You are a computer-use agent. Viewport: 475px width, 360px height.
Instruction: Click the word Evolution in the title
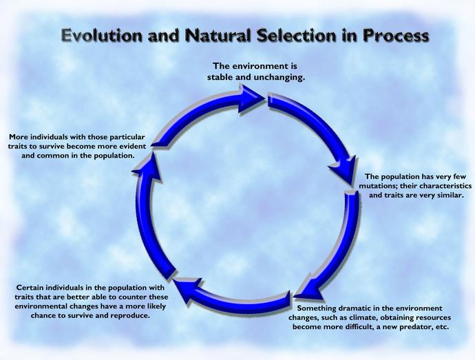(102, 35)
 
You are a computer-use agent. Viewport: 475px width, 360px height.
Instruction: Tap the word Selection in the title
(296, 35)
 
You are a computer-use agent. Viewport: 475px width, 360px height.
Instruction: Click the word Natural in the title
(218, 35)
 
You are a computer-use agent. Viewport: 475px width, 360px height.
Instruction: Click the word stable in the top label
(220, 77)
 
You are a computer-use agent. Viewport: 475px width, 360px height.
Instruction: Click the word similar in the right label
(450, 195)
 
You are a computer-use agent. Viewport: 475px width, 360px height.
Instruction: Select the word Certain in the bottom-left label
(29, 287)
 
